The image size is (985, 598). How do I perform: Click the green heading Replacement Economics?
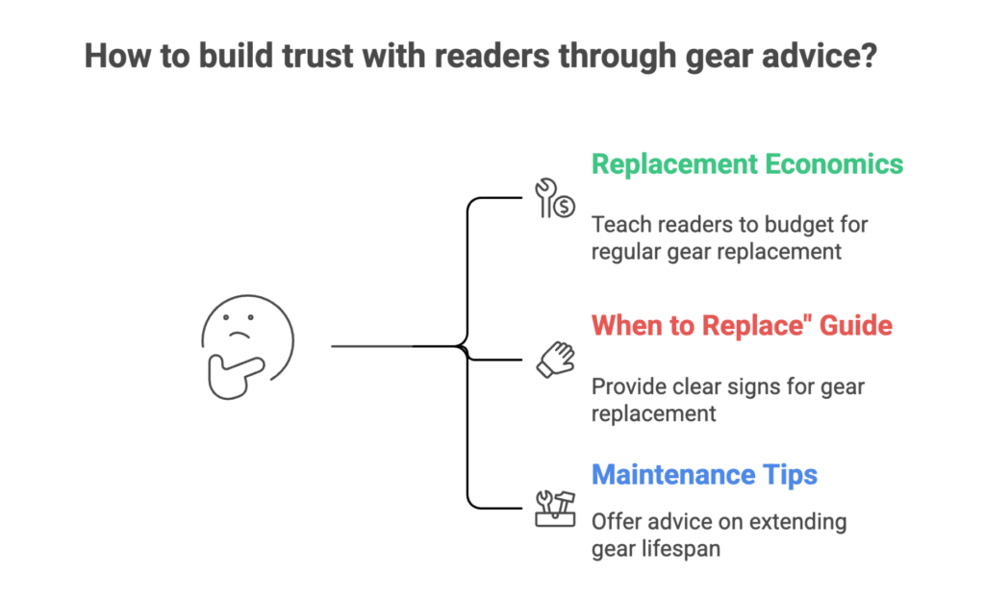pos(747,163)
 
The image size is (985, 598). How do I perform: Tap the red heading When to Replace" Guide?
pos(742,325)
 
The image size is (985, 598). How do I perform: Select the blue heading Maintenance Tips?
pos(704,475)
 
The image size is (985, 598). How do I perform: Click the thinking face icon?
pos(247,342)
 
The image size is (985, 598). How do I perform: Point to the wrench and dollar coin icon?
pos(555,197)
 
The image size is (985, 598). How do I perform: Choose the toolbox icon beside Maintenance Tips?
pos(555,508)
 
